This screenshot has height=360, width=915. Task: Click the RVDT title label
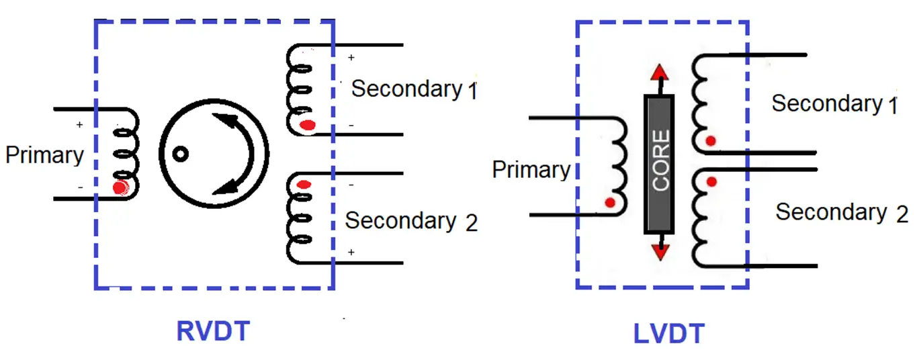pos(213,331)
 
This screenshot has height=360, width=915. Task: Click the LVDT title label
pos(668,334)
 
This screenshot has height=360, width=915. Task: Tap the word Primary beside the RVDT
pos(44,156)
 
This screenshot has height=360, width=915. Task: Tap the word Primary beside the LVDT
pos(531,170)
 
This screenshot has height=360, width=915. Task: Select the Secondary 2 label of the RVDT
pos(411,222)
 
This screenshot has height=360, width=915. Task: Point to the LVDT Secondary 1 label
pos(834,103)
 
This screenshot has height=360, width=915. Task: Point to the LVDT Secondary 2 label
pos(842,213)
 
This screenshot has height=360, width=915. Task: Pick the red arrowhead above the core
pos(660,73)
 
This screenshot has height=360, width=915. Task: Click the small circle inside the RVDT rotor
pos(181,154)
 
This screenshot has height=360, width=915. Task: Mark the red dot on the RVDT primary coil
pos(120,188)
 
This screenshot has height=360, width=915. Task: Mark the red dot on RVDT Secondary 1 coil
pos(308,125)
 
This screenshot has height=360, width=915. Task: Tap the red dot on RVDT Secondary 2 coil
pos(304,185)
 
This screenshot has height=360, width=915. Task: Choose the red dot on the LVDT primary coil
pos(610,202)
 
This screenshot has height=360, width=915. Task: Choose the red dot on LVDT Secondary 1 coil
pos(711,141)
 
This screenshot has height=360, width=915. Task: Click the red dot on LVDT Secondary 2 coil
pos(711,181)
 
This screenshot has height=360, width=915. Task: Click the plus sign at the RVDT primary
pos(80,124)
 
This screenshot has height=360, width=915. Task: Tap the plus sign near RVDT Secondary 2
pos(351,253)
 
